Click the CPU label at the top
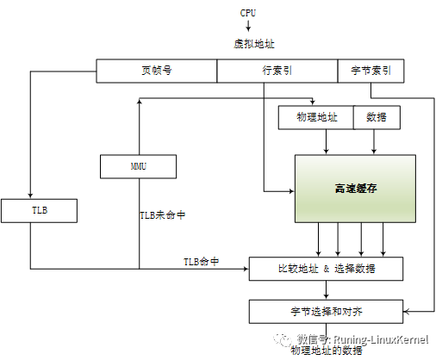[x=248, y=13]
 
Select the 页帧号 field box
[x=156, y=71]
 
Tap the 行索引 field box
[x=277, y=71]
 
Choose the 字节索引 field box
[x=370, y=71]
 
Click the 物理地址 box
[x=315, y=118]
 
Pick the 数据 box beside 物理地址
[x=377, y=118]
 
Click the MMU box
[x=138, y=165]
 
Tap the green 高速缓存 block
[x=355, y=187]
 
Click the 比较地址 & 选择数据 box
[x=326, y=269]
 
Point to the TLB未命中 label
[x=163, y=214]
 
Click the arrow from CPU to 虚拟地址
[x=248, y=27]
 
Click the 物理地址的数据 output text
[x=327, y=351]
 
